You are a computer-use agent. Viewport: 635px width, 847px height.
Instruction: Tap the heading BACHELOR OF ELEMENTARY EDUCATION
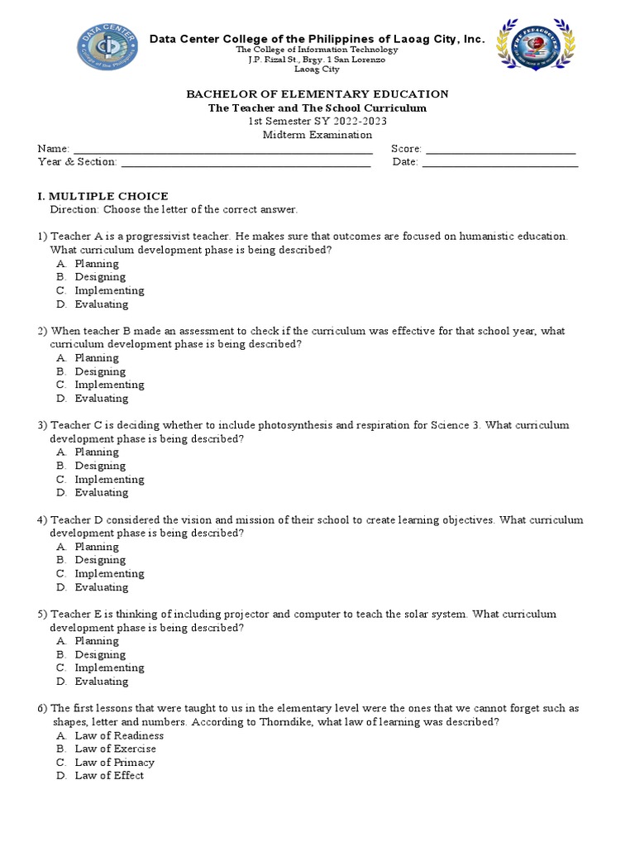(317, 94)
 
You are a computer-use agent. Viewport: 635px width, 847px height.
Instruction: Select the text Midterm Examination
(317, 135)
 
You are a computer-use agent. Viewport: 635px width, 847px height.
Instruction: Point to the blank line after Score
(500, 149)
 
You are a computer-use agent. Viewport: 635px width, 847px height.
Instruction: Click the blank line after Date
(500, 162)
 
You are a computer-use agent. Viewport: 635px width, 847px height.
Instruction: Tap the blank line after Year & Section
(246, 162)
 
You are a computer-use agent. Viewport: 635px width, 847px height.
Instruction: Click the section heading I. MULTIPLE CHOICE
(103, 196)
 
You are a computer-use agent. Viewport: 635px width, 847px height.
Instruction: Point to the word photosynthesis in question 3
(296, 425)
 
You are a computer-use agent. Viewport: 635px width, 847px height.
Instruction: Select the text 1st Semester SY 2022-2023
(317, 122)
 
